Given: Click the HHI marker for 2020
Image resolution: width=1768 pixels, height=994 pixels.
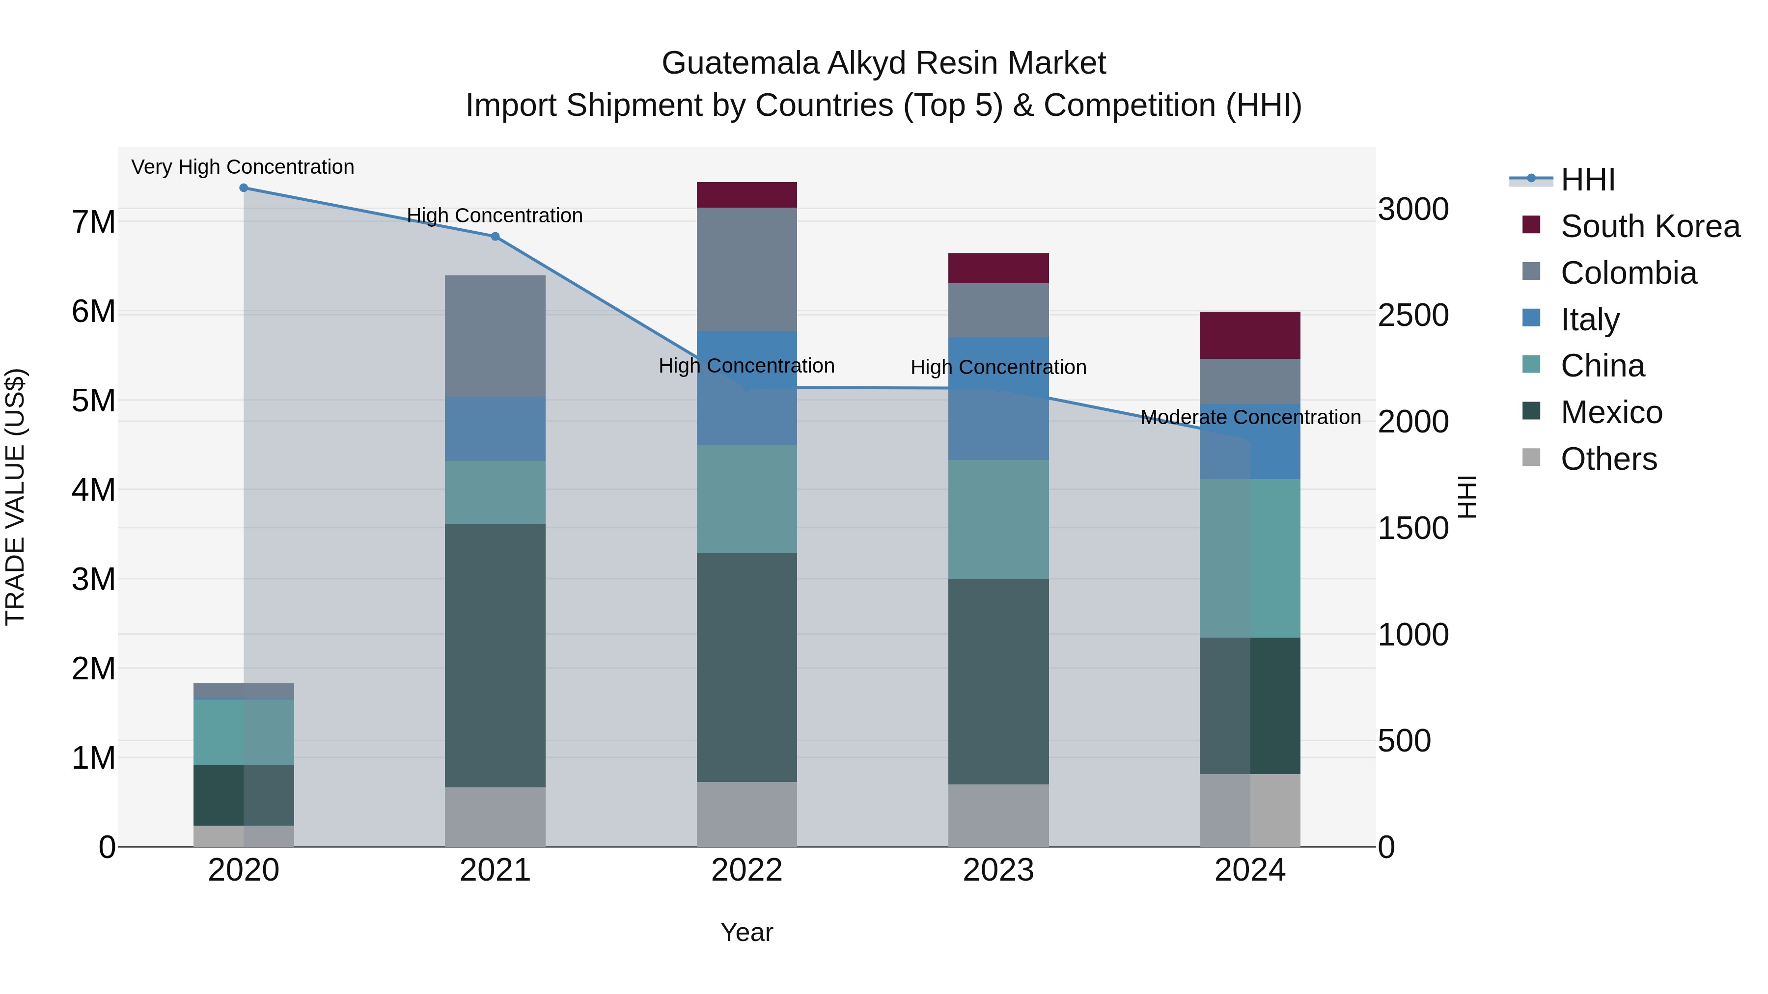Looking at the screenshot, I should click(244, 188).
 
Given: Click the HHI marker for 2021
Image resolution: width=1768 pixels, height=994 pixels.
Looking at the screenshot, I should click(495, 237).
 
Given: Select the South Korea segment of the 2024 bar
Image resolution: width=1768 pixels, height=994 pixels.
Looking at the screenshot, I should click(1250, 335).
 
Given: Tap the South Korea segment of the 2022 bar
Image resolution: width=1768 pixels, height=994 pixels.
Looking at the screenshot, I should click(746, 195).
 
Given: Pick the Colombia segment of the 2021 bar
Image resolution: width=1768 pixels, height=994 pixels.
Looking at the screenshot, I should click(495, 336).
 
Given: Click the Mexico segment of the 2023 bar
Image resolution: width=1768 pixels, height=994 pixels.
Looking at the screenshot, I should click(998, 681).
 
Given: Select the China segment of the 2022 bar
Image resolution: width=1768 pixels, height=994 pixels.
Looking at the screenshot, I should click(746, 499).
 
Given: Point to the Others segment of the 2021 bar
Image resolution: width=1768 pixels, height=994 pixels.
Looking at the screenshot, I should click(495, 816).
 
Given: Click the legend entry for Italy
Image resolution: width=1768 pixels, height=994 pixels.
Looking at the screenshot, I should click(1590, 320).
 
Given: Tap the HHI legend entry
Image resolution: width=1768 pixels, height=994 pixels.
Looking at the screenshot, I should click(1587, 180).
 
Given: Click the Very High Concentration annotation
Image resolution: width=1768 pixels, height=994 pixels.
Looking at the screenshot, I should click(243, 167).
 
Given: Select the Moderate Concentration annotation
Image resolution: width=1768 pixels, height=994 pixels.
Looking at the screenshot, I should click(1250, 417).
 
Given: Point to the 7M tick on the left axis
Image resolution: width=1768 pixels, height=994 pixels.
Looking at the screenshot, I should click(93, 222).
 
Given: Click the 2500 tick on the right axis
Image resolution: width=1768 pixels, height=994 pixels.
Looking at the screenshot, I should click(1413, 316).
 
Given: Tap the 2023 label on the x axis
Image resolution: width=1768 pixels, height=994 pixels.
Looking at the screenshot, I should click(998, 870).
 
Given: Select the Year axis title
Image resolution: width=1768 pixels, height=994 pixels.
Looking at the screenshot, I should click(746, 932).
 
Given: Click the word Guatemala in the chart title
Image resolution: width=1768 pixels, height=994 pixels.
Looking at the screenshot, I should click(740, 63).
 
